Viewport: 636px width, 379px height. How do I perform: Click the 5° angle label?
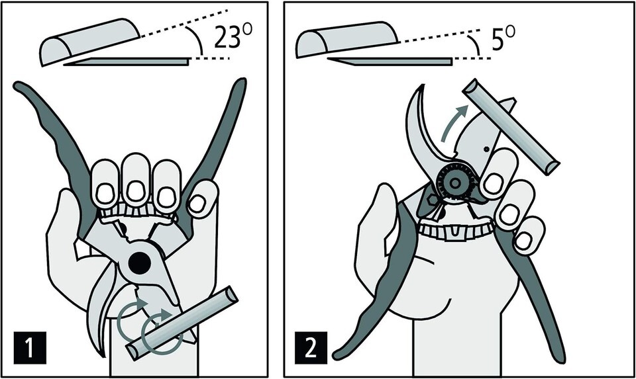coord(503,39)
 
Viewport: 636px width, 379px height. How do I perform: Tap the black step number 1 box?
coord(30,348)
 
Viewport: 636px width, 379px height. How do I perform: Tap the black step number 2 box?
coord(311,348)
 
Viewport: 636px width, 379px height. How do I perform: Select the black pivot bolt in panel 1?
coord(140,264)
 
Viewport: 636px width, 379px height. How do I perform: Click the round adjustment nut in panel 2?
coord(454,183)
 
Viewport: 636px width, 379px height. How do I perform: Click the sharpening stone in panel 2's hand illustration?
coord(511,127)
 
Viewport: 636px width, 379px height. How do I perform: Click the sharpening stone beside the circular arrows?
coord(182,323)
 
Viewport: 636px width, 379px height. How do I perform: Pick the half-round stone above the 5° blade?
coord(346,39)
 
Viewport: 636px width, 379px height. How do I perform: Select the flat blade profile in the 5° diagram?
coord(390,61)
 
